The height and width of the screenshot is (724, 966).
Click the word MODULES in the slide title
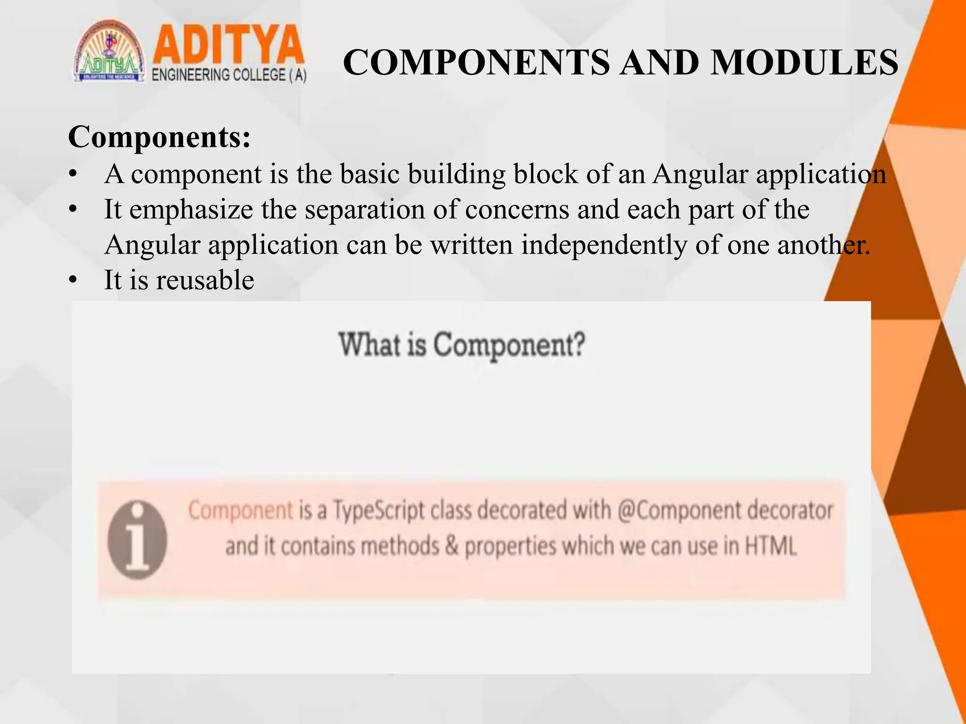804,62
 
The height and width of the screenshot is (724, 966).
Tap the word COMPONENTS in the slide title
476,62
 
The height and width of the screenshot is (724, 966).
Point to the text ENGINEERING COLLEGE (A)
229,75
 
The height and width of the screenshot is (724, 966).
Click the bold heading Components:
159,137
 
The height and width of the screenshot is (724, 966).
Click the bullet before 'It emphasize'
72,210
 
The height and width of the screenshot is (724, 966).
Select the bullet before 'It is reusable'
72,281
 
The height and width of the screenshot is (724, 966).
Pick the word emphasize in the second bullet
191,209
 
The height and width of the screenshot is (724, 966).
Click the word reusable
205,280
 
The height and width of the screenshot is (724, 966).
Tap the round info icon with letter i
137,540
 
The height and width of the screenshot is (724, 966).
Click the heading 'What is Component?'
462,345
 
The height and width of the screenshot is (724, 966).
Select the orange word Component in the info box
241,510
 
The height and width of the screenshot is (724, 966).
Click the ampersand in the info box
451,546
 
